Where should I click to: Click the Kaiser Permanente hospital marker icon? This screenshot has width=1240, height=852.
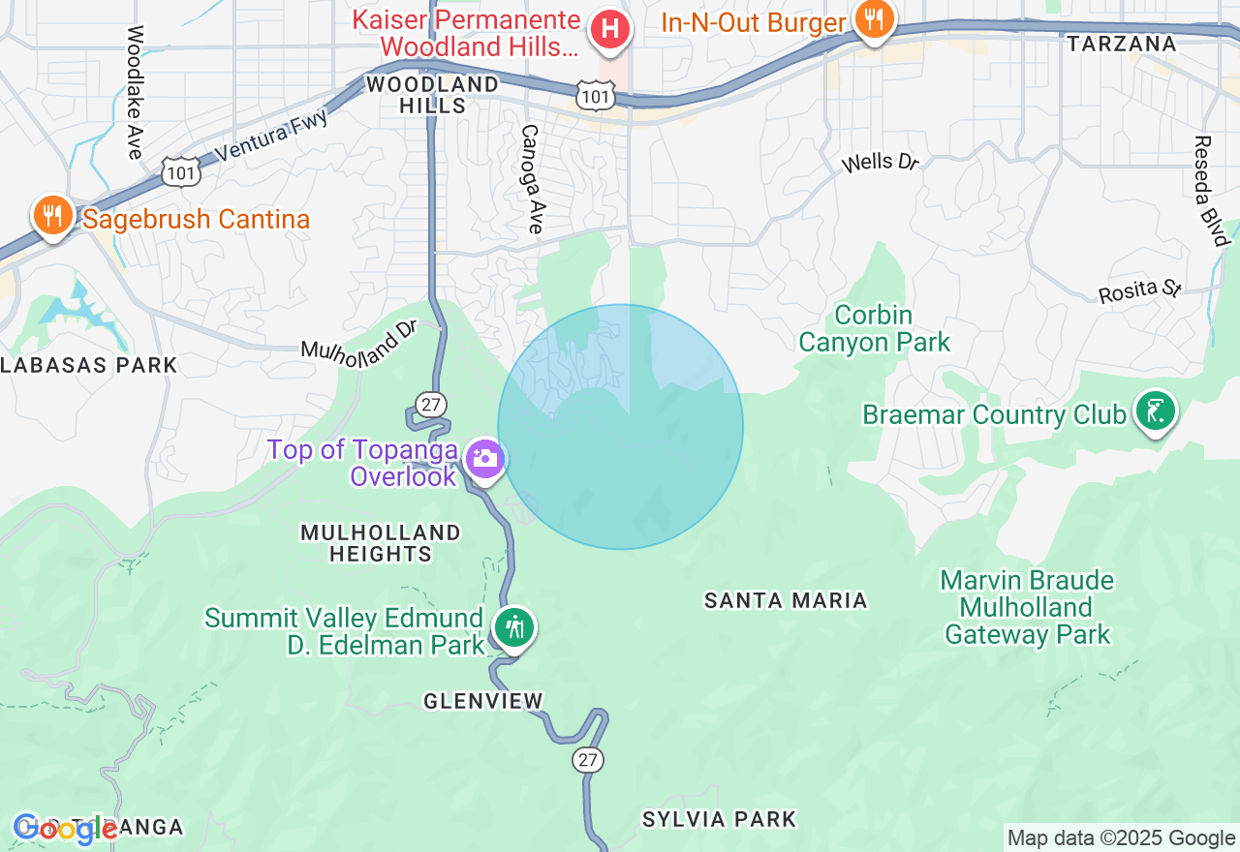tap(610, 28)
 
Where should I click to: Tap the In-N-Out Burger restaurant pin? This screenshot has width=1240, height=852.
tap(874, 19)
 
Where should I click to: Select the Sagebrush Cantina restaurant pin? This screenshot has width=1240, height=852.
tap(51, 216)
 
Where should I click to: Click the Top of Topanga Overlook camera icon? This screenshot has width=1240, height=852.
tap(484, 458)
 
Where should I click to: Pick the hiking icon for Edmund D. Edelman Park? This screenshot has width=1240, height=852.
tap(513, 628)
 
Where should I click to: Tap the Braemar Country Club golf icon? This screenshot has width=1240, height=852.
tap(1155, 411)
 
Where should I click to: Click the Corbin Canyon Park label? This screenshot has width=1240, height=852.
tap(874, 329)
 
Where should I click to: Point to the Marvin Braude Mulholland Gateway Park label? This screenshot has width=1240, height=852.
tap(1028, 608)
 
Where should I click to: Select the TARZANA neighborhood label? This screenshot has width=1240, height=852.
tap(1122, 44)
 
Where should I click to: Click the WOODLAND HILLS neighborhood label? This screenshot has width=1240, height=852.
tap(432, 95)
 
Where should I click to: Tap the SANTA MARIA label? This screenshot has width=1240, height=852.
tap(786, 601)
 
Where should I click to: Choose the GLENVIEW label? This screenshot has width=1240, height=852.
tap(483, 701)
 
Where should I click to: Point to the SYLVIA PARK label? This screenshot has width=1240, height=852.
tap(719, 820)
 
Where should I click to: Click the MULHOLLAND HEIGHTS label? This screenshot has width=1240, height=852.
tap(381, 543)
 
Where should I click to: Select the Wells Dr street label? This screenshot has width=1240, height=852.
tap(880, 162)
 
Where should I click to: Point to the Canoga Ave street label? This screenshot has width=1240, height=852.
tap(531, 179)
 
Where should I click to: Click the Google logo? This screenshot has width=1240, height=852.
tap(65, 830)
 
